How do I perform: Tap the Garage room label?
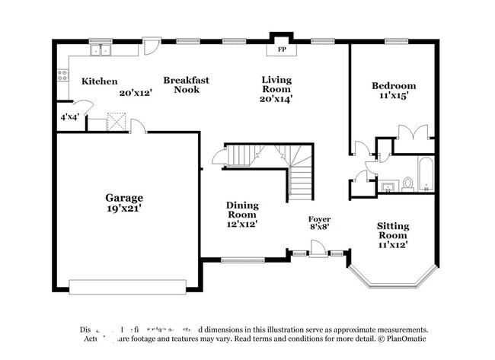click(x=124, y=198)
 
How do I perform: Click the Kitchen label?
click(x=100, y=81)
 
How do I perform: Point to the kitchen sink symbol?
click(x=101, y=50)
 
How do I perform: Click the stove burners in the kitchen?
click(x=62, y=75)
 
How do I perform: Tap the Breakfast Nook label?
click(x=186, y=84)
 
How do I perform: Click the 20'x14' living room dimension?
click(x=276, y=98)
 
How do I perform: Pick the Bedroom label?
click(x=394, y=85)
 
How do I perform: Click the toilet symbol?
click(x=408, y=183)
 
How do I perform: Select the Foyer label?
click(x=319, y=219)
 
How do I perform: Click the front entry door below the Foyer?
click(x=318, y=249)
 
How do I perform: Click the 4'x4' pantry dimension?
click(x=69, y=117)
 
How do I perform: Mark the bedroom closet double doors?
click(x=414, y=131)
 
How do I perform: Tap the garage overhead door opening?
click(x=127, y=287)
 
